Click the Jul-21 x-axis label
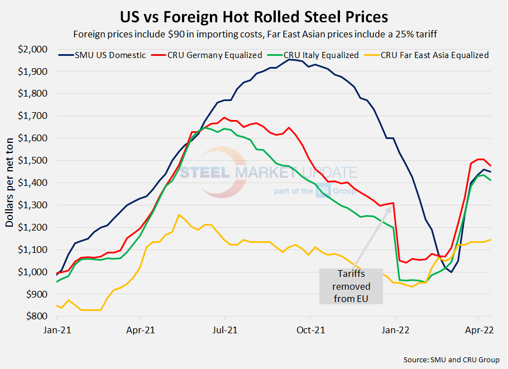tap(224, 329)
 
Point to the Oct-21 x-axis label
tap(310, 329)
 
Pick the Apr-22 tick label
tap(479, 329)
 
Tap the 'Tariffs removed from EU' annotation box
tap(351, 286)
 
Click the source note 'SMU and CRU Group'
tap(451, 360)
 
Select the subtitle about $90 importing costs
tap(254, 33)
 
